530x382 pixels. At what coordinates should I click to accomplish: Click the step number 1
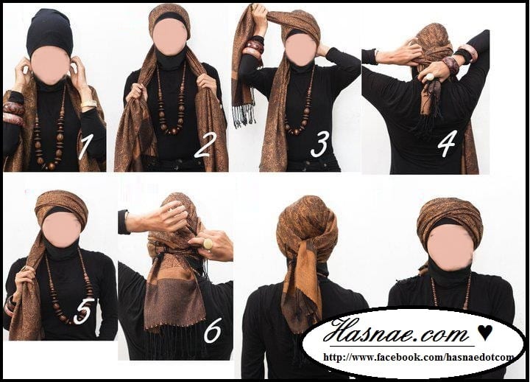click(84, 146)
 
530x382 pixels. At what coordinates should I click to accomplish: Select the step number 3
click(319, 145)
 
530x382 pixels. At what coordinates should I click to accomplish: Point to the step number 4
click(447, 143)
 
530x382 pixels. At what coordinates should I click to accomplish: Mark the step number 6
click(212, 330)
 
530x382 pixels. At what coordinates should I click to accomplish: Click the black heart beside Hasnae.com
click(485, 332)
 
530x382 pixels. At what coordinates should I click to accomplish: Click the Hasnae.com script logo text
click(396, 331)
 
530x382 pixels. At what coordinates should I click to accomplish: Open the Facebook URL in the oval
click(418, 357)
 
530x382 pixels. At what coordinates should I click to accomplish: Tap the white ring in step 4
click(429, 77)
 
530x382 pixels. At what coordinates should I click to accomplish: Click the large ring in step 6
click(207, 244)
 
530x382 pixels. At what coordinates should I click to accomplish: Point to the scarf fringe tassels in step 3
click(244, 115)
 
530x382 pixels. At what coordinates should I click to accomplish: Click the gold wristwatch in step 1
click(88, 104)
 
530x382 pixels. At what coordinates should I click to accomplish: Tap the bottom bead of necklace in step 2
click(173, 131)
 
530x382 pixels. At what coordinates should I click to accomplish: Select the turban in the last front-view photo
click(450, 217)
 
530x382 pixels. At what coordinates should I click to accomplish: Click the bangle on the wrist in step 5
click(10, 305)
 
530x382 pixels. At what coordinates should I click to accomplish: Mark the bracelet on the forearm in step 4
click(451, 63)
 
